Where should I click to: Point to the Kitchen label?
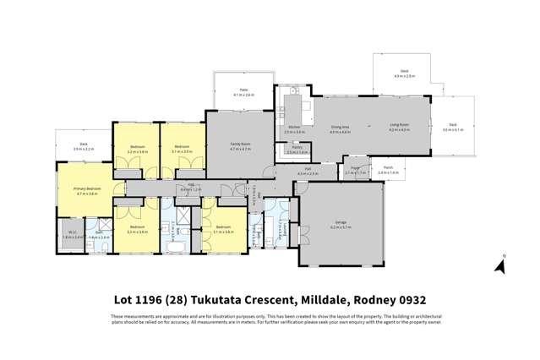[x=293, y=129]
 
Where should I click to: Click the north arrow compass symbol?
[x=499, y=265]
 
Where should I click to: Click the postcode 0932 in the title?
[x=411, y=299]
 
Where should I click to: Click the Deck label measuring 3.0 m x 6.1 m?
[x=453, y=126]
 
